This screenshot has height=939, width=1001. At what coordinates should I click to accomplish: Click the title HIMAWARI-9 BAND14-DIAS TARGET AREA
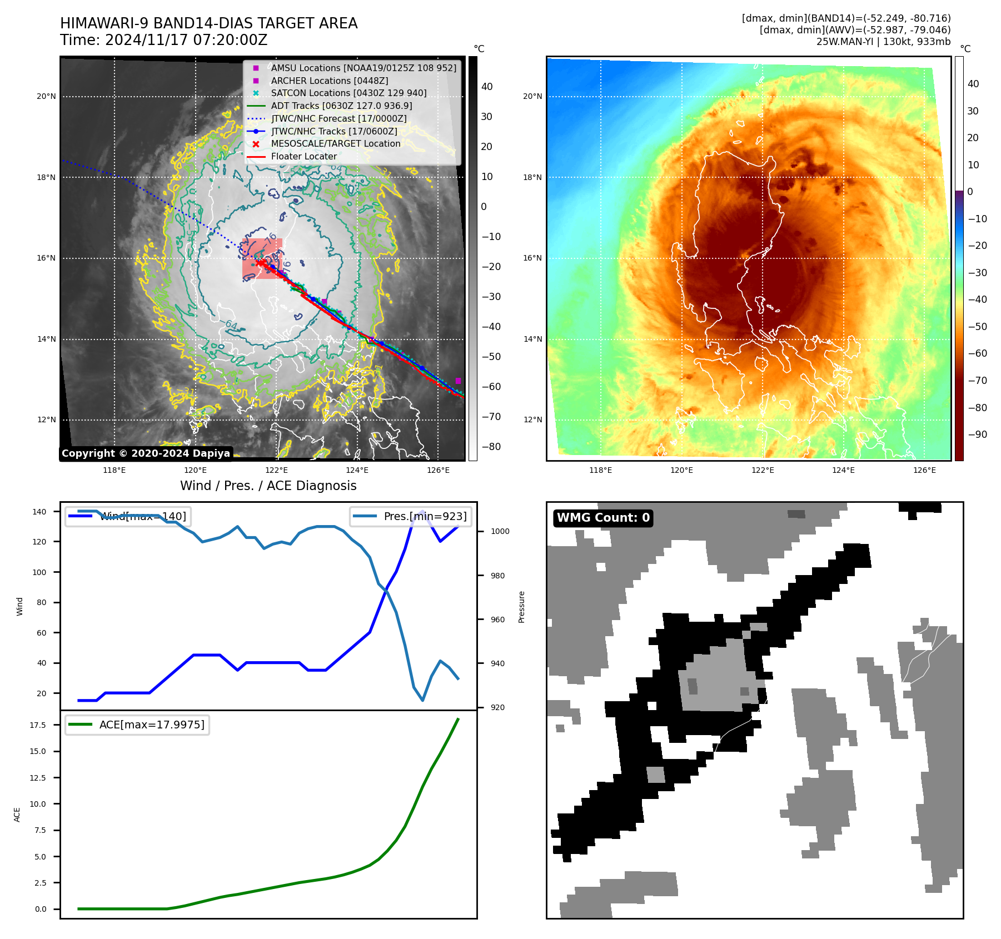click(208, 23)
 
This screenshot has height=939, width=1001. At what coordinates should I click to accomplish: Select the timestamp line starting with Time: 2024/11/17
click(163, 40)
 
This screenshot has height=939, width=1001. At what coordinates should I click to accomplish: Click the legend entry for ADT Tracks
click(341, 106)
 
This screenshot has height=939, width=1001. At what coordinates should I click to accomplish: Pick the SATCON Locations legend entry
click(348, 93)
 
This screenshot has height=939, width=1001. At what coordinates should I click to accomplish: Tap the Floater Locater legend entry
click(303, 156)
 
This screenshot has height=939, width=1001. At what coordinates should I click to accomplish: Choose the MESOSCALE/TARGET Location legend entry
click(335, 143)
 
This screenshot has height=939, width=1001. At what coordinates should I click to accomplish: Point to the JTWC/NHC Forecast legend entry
click(338, 118)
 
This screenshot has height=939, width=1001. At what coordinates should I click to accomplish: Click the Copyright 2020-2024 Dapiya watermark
click(146, 453)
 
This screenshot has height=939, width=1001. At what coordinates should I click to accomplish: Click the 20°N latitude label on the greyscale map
click(47, 96)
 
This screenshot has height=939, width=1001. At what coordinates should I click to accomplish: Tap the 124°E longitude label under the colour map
click(843, 470)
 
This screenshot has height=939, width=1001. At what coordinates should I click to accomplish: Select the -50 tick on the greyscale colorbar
click(491, 357)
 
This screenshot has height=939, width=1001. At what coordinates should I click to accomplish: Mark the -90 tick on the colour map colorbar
click(977, 434)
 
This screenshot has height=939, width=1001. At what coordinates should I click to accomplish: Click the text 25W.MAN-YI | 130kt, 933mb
click(883, 42)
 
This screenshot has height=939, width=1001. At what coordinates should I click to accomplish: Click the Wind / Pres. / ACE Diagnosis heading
click(268, 486)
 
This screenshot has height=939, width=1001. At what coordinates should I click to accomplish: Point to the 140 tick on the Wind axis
click(39, 512)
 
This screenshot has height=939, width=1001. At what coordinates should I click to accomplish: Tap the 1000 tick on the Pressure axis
click(500, 531)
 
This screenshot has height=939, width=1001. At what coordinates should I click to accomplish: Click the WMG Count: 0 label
click(603, 518)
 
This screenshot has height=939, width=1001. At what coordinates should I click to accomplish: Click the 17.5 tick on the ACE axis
click(38, 725)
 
